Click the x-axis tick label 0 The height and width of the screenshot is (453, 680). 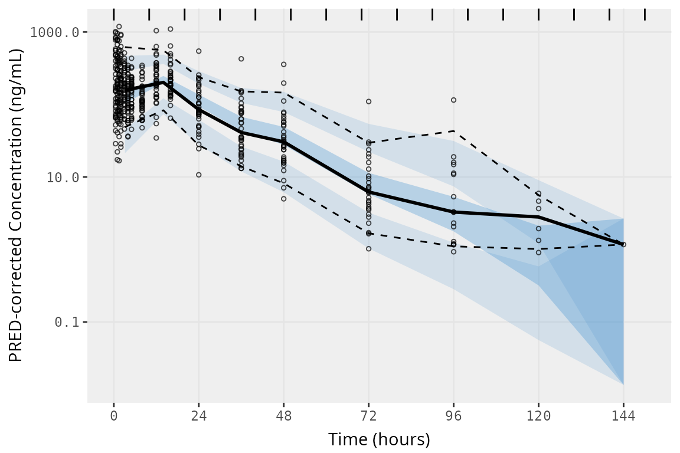coord(113,416)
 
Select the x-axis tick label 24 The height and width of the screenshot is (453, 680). coord(198,416)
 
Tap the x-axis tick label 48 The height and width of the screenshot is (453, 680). coord(283,416)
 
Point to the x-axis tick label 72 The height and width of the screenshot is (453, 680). coord(368,416)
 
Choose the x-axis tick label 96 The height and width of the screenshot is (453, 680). coord(453,416)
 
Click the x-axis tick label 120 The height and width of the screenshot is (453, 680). coord(538,416)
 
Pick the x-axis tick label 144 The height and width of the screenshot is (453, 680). coord(623,416)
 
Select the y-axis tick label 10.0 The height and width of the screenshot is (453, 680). coord(63,177)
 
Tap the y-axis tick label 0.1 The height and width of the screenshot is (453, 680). coord(67,322)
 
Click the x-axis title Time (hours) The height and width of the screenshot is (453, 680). coord(379,439)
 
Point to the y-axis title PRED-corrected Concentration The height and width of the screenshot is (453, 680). coord(16,206)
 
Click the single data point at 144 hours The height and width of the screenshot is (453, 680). coord(623,244)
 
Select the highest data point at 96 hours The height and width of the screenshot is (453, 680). coord(453,100)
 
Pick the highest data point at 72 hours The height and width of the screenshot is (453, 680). coord(368,101)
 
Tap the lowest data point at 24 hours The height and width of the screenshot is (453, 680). coord(199,175)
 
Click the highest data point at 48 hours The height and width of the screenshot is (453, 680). coord(283,64)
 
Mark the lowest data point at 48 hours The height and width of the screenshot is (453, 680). coord(283,199)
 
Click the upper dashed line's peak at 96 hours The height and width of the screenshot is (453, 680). coord(453,130)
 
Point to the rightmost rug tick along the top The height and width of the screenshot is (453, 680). coord(645,14)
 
